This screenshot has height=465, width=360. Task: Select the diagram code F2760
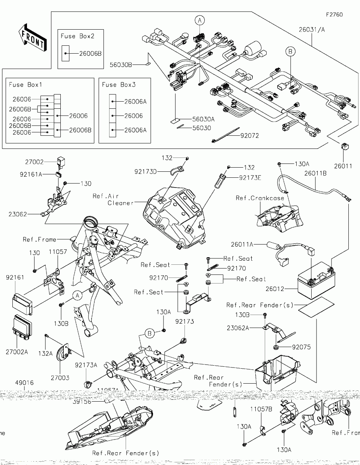pyautogui.click(x=334, y=15)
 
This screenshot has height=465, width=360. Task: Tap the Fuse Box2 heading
pyautogui.click(x=78, y=36)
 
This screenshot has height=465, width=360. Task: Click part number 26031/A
pyautogui.click(x=312, y=30)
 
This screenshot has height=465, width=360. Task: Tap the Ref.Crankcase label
pyautogui.click(x=260, y=198)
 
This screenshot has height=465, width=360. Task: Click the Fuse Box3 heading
pyautogui.click(x=119, y=85)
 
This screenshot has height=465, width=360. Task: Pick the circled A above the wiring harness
pyautogui.click(x=200, y=20)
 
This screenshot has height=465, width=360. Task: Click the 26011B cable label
pyautogui.click(x=315, y=173)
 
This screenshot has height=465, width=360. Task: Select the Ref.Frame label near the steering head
pyautogui.click(x=39, y=239)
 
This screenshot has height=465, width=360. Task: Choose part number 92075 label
pyautogui.click(x=301, y=347)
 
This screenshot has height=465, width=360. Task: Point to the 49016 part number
pyautogui.click(x=24, y=383)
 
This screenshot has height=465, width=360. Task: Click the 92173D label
pyautogui.click(x=146, y=172)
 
